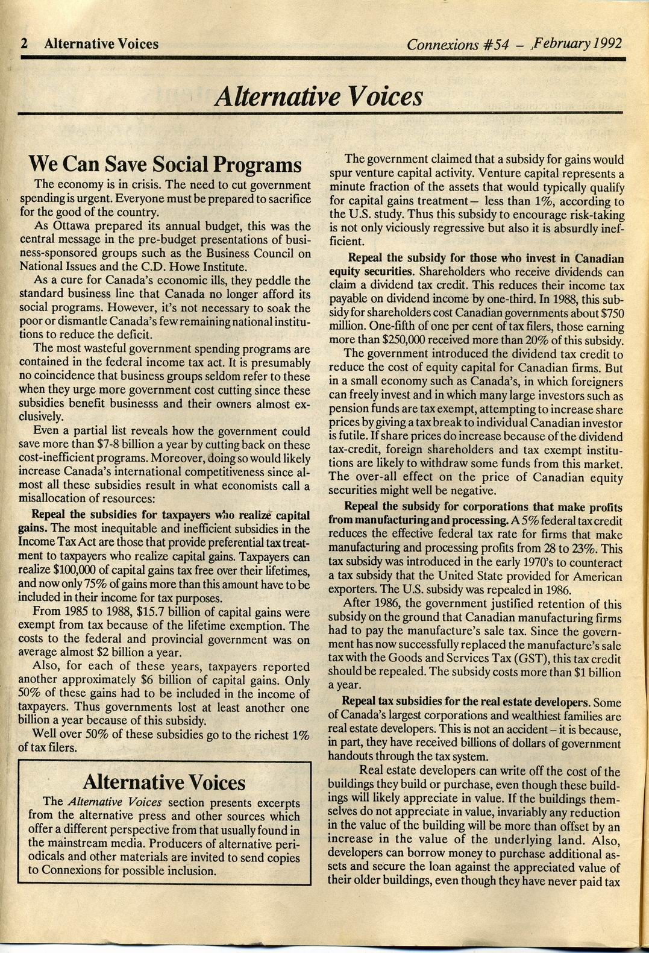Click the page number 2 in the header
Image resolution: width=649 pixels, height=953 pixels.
25,44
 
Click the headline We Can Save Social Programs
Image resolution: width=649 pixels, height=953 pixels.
165,164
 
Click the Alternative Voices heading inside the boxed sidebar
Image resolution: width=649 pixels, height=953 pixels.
164,782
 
